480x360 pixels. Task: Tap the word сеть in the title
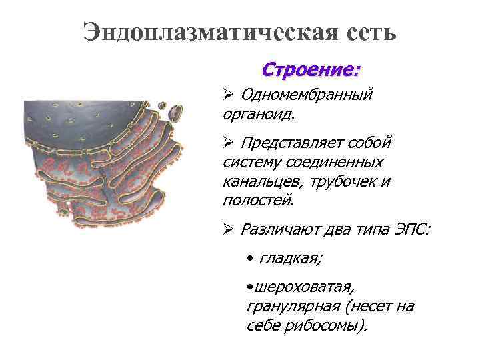365,31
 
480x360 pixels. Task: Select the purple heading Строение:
310,69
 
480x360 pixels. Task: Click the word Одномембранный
306,95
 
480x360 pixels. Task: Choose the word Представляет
297,143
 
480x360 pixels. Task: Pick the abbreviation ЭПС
411,230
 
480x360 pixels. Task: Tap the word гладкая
287,257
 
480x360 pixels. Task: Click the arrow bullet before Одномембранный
227,95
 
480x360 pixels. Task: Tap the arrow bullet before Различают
227,230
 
